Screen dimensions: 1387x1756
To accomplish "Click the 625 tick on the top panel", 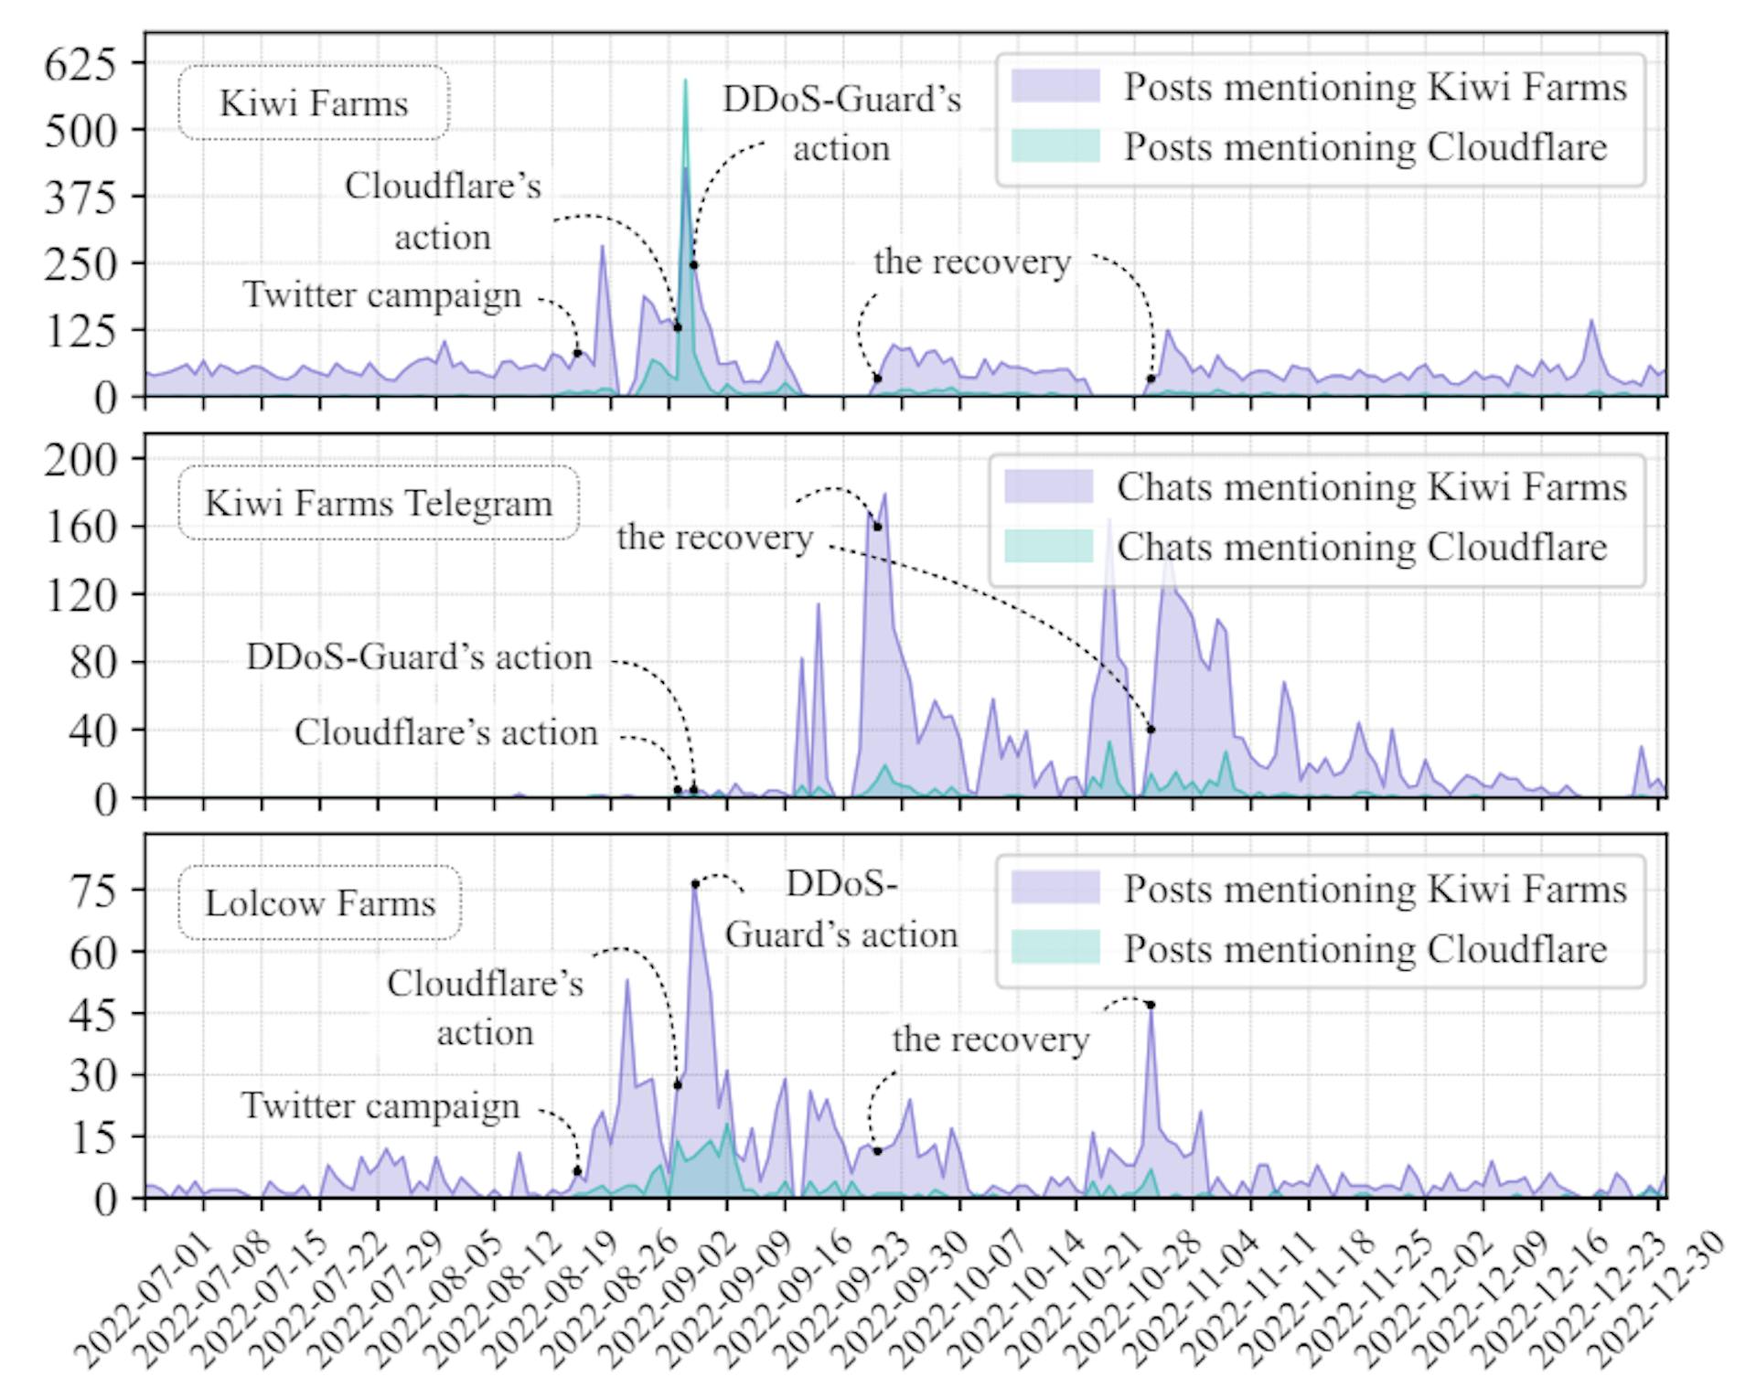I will coord(81,64).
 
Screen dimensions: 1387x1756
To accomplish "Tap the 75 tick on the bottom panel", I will coord(93,890).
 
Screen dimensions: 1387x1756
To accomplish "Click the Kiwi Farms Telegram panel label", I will coord(379,503).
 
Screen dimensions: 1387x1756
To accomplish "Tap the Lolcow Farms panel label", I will coord(320,903).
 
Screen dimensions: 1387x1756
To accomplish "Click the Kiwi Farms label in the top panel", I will coord(314,102).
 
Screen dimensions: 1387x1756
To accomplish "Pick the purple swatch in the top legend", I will coord(1055,86).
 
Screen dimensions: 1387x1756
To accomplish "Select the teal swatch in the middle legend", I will coord(1048,546).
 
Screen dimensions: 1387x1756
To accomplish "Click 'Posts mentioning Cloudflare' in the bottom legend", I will coord(1365,949).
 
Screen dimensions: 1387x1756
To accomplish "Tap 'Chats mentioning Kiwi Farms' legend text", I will coord(1371,487).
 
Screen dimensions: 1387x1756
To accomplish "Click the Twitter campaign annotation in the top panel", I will coord(381,295).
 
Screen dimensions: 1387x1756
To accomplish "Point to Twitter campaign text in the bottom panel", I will coord(380,1106).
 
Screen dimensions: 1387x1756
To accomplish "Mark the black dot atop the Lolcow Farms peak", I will coord(695,884).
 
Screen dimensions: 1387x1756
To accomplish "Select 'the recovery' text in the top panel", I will coord(971,261).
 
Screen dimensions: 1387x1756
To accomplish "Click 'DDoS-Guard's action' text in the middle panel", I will coord(419,657).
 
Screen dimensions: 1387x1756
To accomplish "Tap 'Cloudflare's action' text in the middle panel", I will coord(445,732).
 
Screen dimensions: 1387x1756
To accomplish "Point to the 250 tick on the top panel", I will coord(81,263).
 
